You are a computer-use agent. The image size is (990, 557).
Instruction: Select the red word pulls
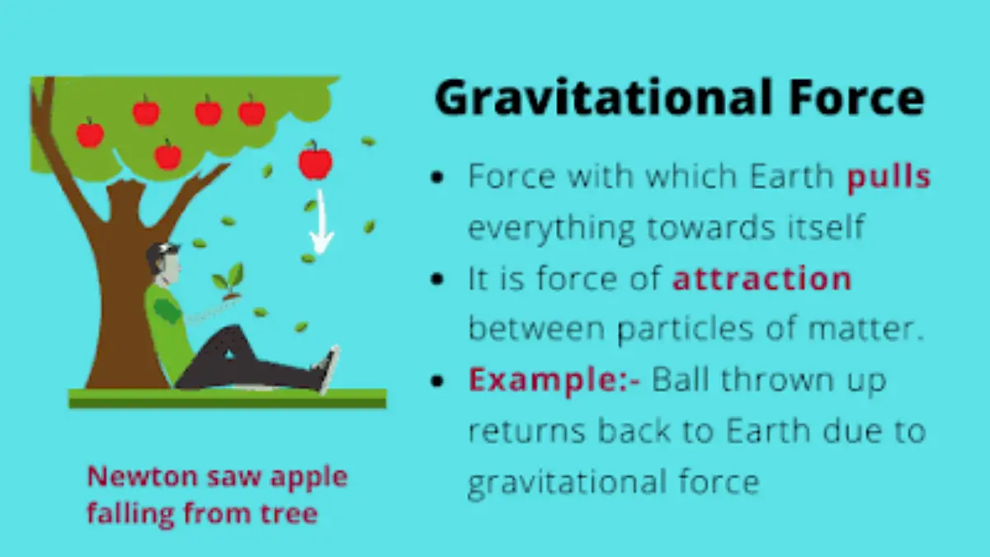point(889,177)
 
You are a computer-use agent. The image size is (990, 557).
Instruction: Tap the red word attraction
point(761,279)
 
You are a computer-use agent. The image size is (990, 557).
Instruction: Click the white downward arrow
point(321,227)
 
